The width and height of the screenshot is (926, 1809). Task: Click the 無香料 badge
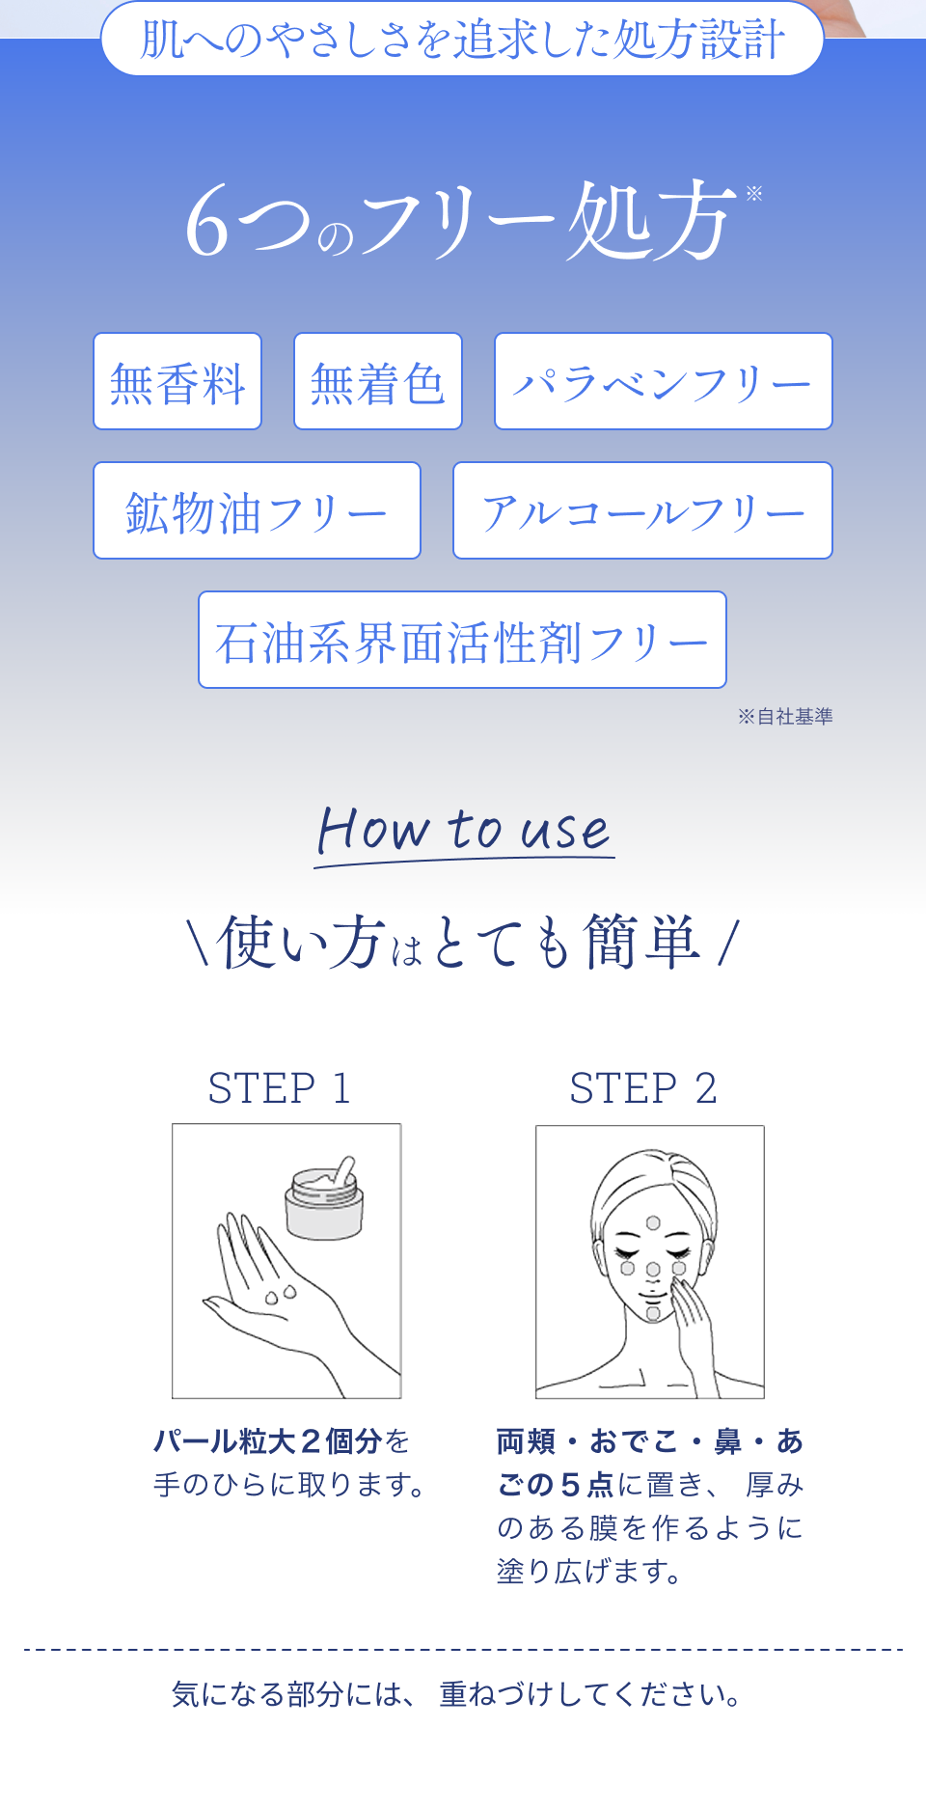click(177, 381)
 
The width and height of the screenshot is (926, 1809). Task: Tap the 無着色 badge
click(378, 381)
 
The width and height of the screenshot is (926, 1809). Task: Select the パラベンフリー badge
click(664, 381)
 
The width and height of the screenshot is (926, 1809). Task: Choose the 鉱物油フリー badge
click(257, 510)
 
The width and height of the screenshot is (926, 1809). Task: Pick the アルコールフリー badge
click(642, 510)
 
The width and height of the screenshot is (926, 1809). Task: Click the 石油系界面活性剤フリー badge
click(462, 640)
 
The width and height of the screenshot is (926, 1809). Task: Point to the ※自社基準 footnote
click(785, 716)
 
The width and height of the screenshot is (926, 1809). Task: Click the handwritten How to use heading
click(464, 833)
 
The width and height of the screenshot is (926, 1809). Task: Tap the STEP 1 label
click(279, 1088)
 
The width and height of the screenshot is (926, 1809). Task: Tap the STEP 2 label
click(643, 1088)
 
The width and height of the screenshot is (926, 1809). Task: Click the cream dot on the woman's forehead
click(653, 1223)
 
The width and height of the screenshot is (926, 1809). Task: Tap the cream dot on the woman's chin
click(653, 1313)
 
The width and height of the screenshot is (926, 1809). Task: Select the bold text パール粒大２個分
click(268, 1441)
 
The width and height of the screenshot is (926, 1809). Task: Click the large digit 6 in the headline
click(207, 223)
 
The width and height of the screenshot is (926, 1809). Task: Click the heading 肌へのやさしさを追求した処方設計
click(462, 40)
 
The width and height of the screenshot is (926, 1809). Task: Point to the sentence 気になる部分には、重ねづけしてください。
click(458, 1694)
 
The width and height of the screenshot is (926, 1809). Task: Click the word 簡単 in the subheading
click(641, 942)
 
